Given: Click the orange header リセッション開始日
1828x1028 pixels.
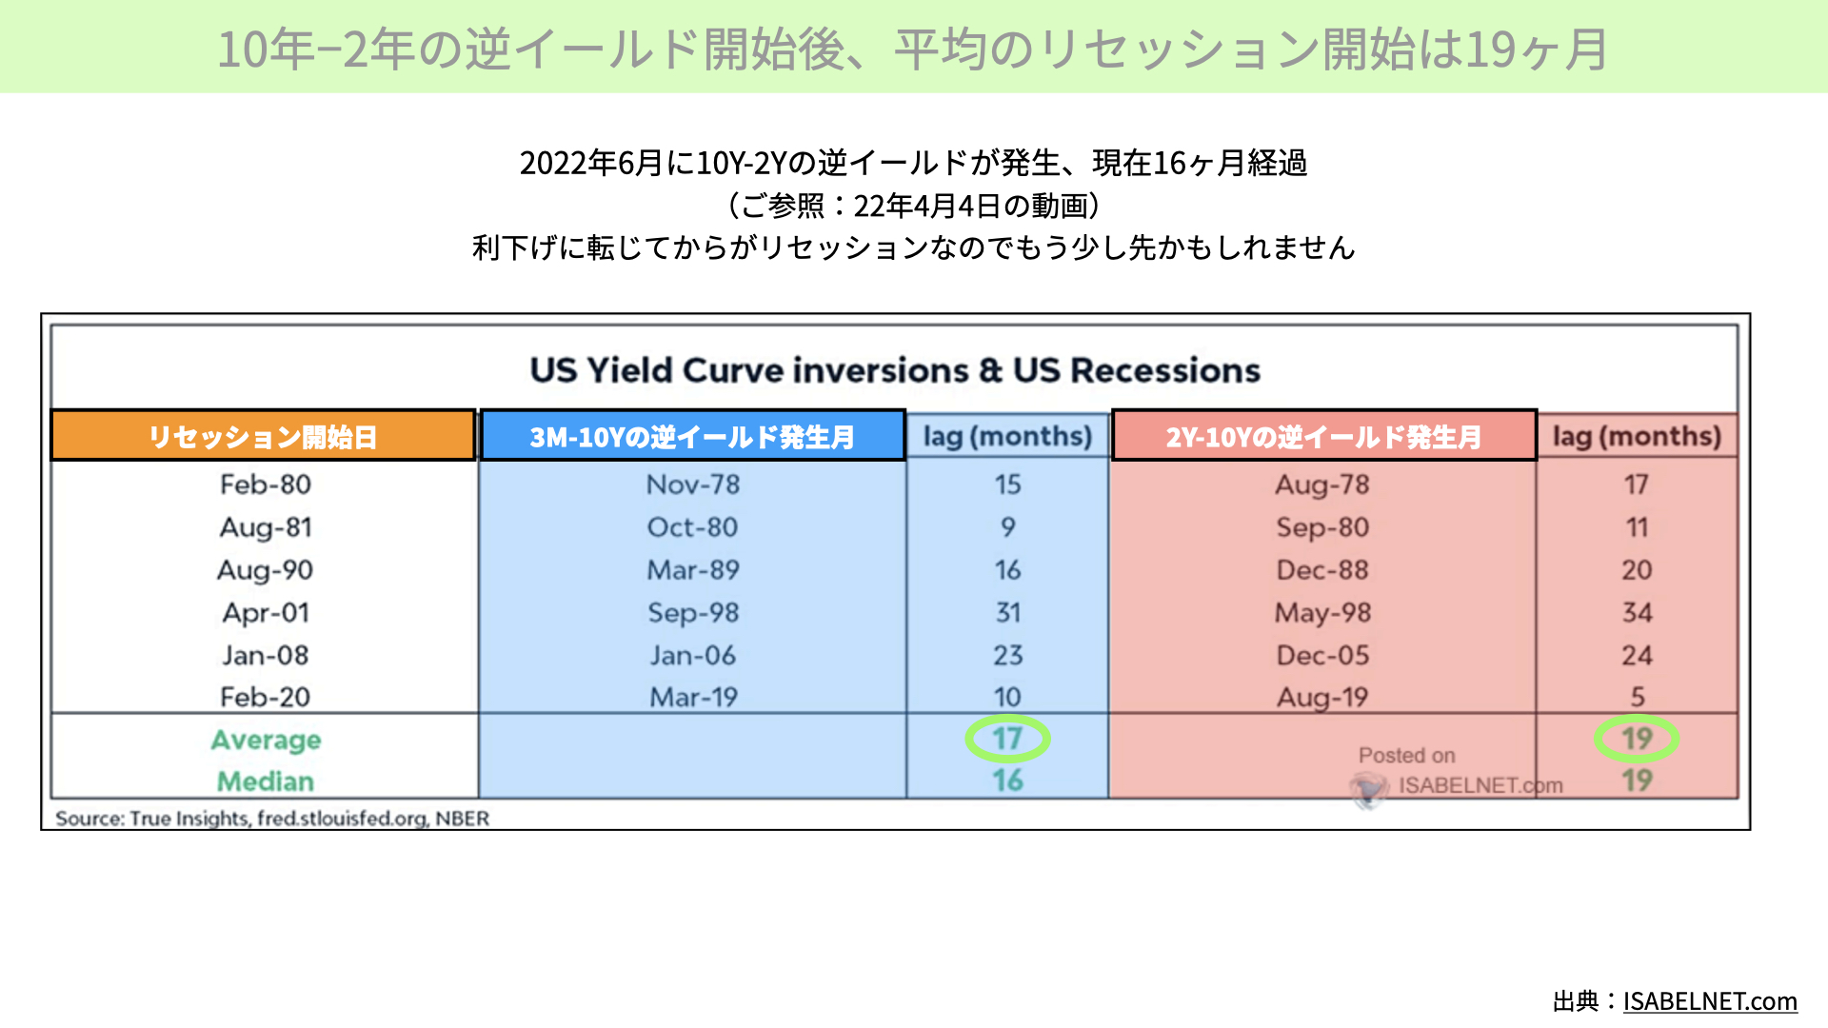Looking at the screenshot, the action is tap(263, 436).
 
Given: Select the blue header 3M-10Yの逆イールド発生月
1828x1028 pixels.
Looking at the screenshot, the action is tap(692, 436).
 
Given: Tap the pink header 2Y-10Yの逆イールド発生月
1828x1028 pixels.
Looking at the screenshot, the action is tap(1323, 436).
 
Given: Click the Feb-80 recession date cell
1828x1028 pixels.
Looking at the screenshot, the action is tap(266, 484).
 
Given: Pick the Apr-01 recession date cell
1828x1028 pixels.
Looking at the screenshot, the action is tap(266, 612).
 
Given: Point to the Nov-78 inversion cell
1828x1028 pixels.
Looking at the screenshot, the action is tap(693, 484).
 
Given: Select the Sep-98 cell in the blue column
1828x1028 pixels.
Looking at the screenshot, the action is tap(693, 612).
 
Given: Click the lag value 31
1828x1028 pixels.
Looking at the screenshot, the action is tap(1008, 612).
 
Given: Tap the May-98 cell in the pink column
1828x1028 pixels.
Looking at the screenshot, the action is tap(1323, 612).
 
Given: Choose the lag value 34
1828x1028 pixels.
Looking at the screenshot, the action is tap(1638, 612).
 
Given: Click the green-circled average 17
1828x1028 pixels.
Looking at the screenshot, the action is tap(1007, 739).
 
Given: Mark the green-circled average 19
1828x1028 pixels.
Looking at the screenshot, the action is tap(1637, 739).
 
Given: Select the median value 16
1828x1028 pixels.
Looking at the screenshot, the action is tap(1008, 781).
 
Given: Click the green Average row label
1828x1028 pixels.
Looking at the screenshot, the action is tap(266, 740).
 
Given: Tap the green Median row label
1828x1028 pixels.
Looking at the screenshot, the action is tap(266, 781).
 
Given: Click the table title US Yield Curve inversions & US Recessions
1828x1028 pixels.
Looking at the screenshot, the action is tap(895, 370).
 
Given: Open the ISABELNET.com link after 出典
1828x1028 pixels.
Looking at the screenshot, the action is tap(1710, 1001).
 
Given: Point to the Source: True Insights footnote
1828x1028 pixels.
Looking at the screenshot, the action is tap(272, 819).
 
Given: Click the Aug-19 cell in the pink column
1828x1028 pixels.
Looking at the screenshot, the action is tap(1323, 698).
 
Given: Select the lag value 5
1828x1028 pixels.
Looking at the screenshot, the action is tap(1638, 697).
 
